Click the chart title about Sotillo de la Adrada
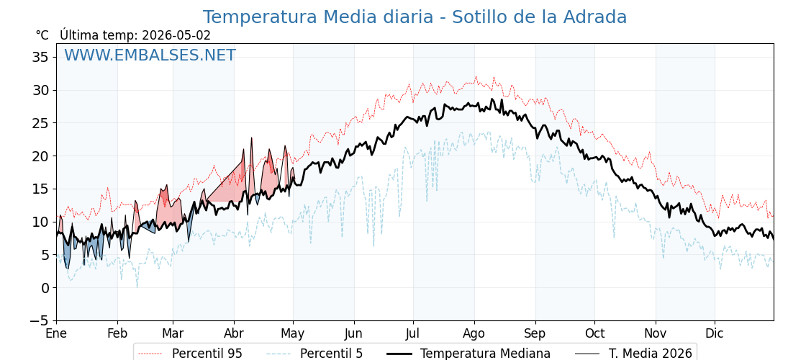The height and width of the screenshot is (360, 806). [415, 17]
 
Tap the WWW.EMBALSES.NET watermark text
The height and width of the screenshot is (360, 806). [150, 55]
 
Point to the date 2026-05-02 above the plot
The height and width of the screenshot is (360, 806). [176, 35]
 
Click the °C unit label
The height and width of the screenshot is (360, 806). [42, 35]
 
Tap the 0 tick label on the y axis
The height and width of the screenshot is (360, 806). [45, 287]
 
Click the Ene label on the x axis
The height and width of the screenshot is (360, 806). [57, 333]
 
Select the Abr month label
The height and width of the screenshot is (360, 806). [235, 333]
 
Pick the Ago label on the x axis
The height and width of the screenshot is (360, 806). [474, 333]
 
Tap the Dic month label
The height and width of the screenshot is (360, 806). [715, 333]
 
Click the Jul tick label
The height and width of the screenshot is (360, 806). [413, 333]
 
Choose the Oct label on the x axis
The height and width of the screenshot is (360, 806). [594, 333]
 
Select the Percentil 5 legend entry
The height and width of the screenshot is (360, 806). [315, 354]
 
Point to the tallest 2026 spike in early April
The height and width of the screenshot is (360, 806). [252, 138]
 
